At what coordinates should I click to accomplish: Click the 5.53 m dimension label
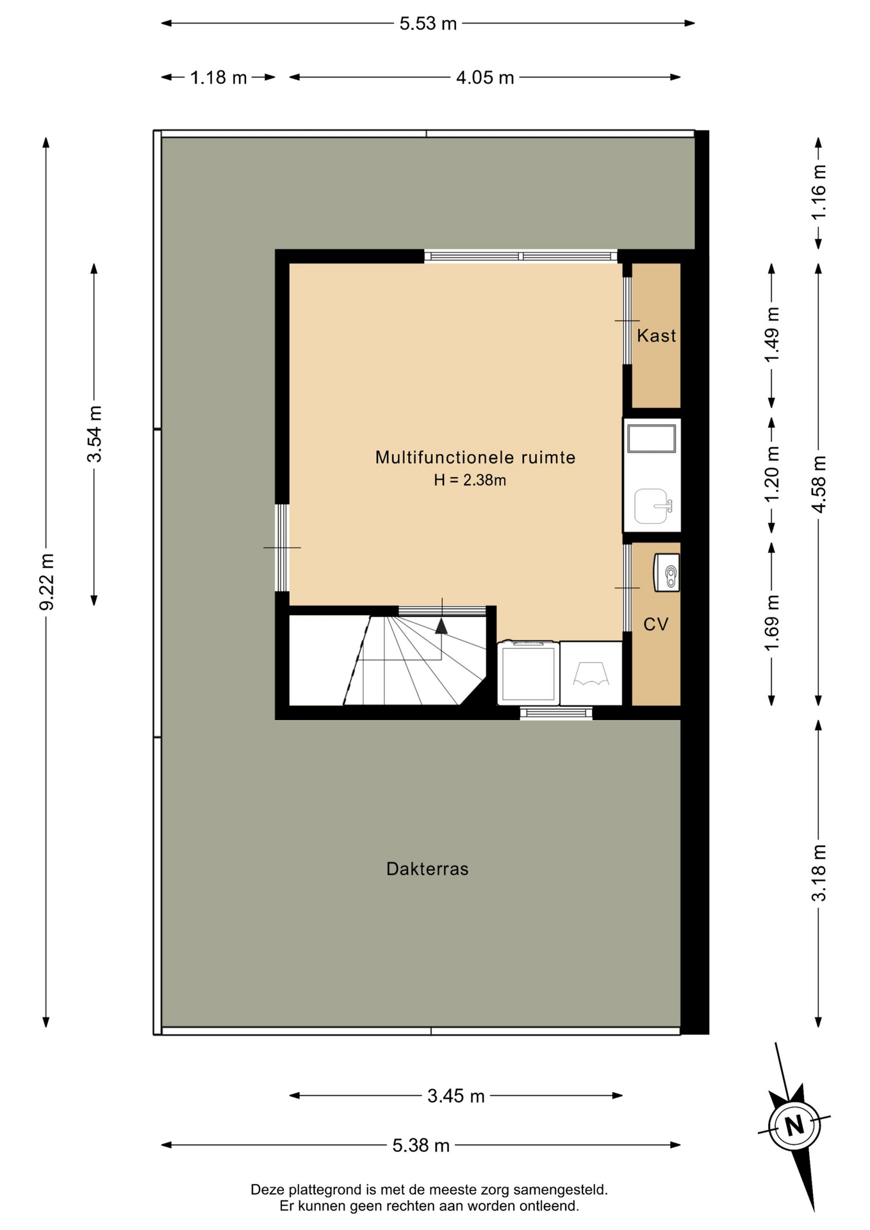click(428, 24)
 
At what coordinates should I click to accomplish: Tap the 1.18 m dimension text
click(218, 78)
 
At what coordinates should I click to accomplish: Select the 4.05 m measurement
click(485, 78)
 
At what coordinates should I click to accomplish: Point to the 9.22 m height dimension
click(46, 582)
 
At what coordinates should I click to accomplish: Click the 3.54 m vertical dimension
click(94, 434)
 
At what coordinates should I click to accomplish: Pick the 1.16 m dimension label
click(819, 192)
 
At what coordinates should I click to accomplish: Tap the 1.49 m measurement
click(772, 334)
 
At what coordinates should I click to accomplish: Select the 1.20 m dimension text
click(772, 475)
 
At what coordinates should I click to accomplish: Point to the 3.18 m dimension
click(819, 873)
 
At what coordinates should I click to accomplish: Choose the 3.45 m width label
click(456, 1096)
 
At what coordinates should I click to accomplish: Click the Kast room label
click(657, 335)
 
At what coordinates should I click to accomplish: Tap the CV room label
click(656, 624)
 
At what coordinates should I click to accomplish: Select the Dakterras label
click(427, 869)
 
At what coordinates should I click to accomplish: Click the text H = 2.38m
click(470, 480)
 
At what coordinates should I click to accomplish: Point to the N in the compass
click(794, 1126)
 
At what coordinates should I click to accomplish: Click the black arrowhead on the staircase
click(441, 626)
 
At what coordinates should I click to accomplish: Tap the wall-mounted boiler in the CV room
click(666, 573)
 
